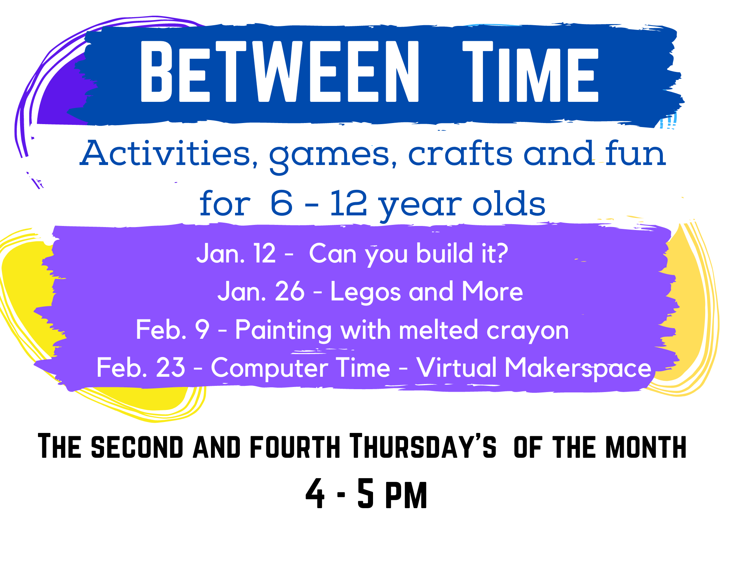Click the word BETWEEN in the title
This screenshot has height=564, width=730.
pos(280,71)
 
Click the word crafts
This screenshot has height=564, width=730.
pos(460,153)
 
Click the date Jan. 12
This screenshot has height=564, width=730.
pos(236,253)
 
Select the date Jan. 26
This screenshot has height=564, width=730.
pos(261,291)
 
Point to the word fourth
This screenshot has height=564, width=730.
pos(295,446)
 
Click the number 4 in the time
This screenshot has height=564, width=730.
pos(315,494)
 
